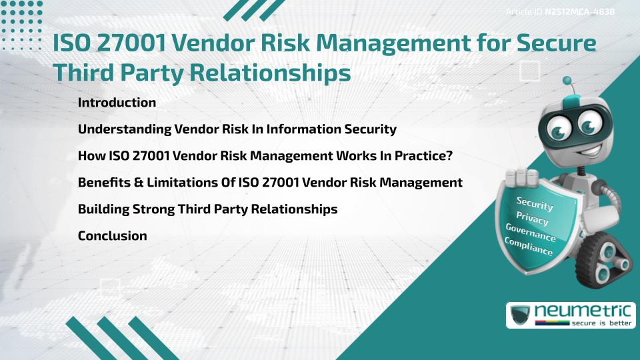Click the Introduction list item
point(117,103)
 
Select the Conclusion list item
point(112,235)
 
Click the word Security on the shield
point(535,203)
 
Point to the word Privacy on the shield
point(532,218)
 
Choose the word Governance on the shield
point(530,232)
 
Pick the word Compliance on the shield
point(529,246)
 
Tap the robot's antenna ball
point(568,81)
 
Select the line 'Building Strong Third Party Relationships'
point(207,209)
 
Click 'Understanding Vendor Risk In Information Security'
point(237,129)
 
